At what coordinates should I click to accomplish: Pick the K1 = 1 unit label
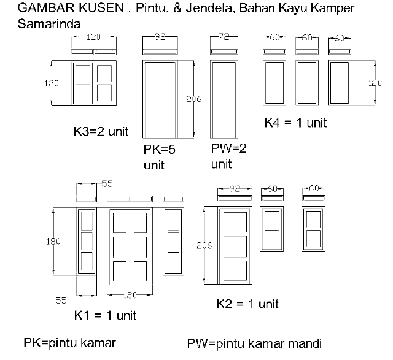105,316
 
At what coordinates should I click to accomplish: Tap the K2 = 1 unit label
247,304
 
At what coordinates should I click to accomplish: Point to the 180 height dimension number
53,242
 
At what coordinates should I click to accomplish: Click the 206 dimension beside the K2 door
204,245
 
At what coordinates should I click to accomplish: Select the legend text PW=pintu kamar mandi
254,343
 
